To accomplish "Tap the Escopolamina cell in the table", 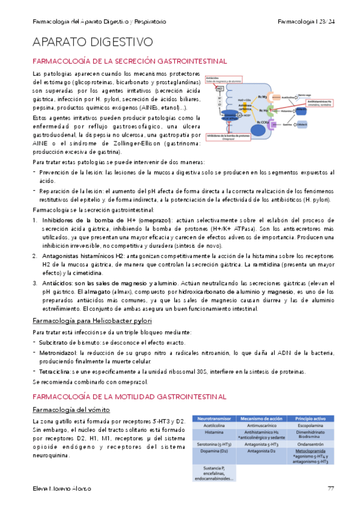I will (x=311, y=425).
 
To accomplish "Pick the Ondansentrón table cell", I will (x=311, y=443).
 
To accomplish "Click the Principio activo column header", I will (x=311, y=417).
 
